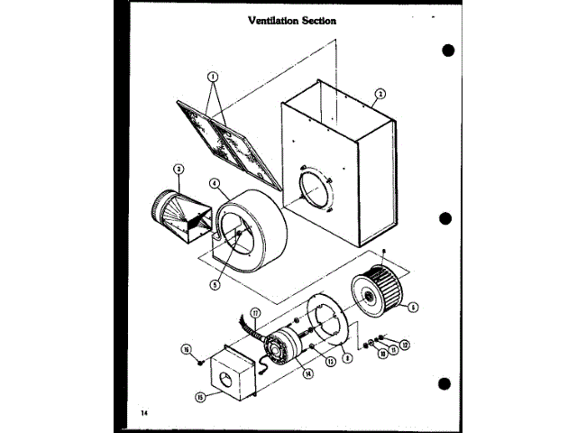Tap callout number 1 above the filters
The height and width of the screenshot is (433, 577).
point(214,77)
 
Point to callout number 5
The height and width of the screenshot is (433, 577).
point(215,286)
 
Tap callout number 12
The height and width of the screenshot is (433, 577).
point(405,344)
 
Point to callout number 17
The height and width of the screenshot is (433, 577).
point(255,313)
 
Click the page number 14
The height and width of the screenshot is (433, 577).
point(144,412)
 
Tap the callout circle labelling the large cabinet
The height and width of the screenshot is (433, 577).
point(380,94)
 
